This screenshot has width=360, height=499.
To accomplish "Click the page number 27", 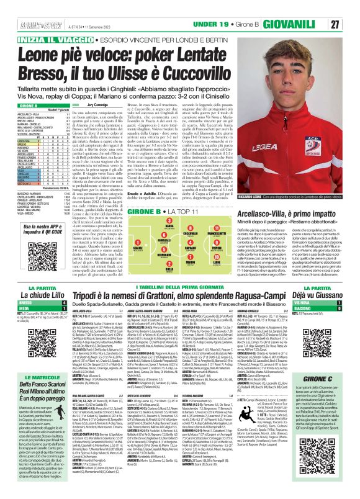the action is [x=351, y=24].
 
